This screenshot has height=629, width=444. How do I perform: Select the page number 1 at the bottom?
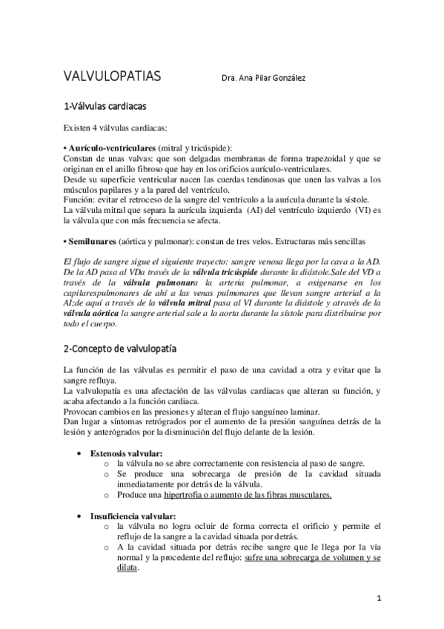[378, 598]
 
